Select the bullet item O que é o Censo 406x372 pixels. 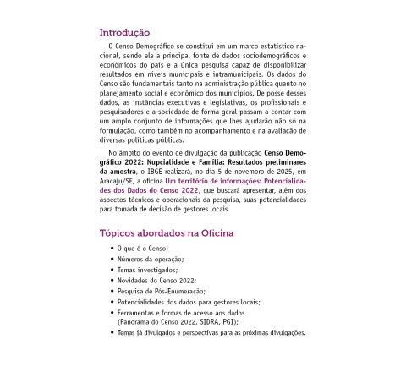click(x=143, y=247)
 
